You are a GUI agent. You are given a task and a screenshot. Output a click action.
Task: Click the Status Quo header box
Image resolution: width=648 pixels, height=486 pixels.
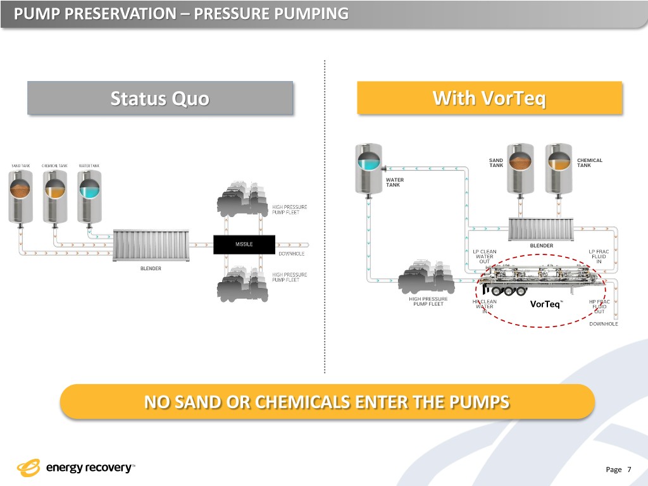[160, 99]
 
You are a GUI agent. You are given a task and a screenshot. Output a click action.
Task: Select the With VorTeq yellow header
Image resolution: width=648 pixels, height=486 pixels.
[489, 99]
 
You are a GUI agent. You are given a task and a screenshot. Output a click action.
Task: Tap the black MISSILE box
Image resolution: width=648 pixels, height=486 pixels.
[244, 244]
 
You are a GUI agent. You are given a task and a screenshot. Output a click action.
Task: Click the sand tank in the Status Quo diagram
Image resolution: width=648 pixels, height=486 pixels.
[21, 196]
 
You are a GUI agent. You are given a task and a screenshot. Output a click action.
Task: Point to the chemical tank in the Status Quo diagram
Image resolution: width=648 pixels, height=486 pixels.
[54, 196]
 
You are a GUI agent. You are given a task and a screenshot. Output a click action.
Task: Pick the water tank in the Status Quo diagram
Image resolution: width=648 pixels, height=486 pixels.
[89, 196]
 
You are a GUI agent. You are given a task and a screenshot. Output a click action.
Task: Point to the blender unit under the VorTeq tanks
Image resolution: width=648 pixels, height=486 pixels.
[542, 228]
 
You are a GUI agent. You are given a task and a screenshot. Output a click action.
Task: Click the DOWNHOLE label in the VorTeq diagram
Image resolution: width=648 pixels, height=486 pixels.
[604, 324]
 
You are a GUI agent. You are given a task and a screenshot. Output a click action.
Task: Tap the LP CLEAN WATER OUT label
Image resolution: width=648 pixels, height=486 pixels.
[485, 257]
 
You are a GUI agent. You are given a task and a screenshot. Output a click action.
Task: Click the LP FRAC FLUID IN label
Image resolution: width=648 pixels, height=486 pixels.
[598, 257]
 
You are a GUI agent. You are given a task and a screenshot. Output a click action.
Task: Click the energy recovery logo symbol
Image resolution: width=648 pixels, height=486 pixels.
[28, 468]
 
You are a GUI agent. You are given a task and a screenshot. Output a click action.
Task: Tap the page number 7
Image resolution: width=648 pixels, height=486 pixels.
[629, 469]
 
